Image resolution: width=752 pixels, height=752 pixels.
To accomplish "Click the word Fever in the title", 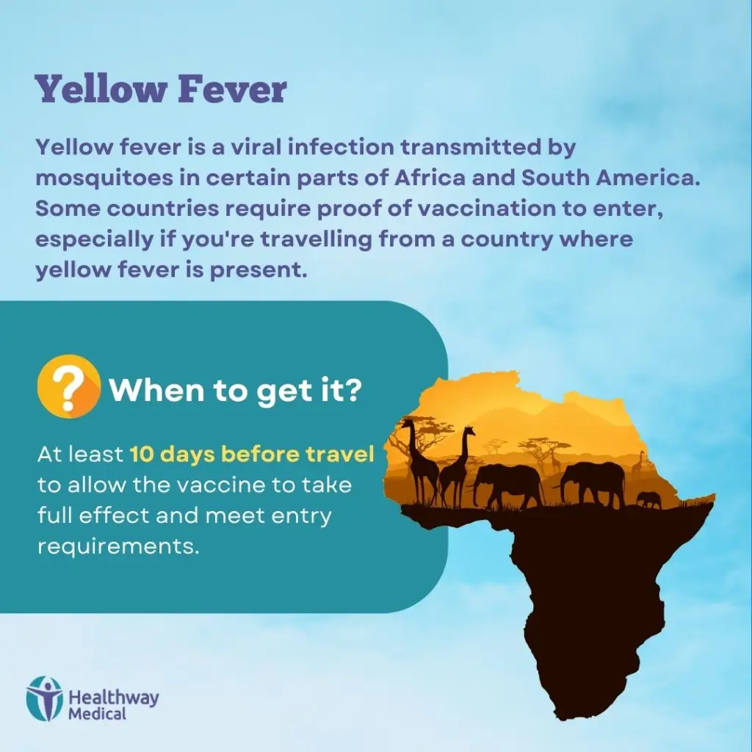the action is pyautogui.click(x=232, y=89).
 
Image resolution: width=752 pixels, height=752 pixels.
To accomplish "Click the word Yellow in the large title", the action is pyautogui.click(x=101, y=89).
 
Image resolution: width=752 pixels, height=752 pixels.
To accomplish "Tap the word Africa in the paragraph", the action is pyautogui.click(x=429, y=178).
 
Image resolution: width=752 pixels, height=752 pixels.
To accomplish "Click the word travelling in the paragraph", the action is pyautogui.click(x=316, y=239).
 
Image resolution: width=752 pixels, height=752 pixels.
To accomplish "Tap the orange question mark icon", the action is pyautogui.click(x=69, y=386).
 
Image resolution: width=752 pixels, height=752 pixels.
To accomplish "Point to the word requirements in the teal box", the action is pyautogui.click(x=118, y=546).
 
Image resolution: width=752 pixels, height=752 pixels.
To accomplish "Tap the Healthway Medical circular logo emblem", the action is pyautogui.click(x=45, y=698).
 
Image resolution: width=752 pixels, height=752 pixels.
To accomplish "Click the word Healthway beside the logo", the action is pyautogui.click(x=114, y=697).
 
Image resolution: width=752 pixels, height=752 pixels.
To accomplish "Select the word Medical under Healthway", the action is pyautogui.click(x=98, y=713).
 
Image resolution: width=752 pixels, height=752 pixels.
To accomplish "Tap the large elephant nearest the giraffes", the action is pyautogui.click(x=506, y=485).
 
